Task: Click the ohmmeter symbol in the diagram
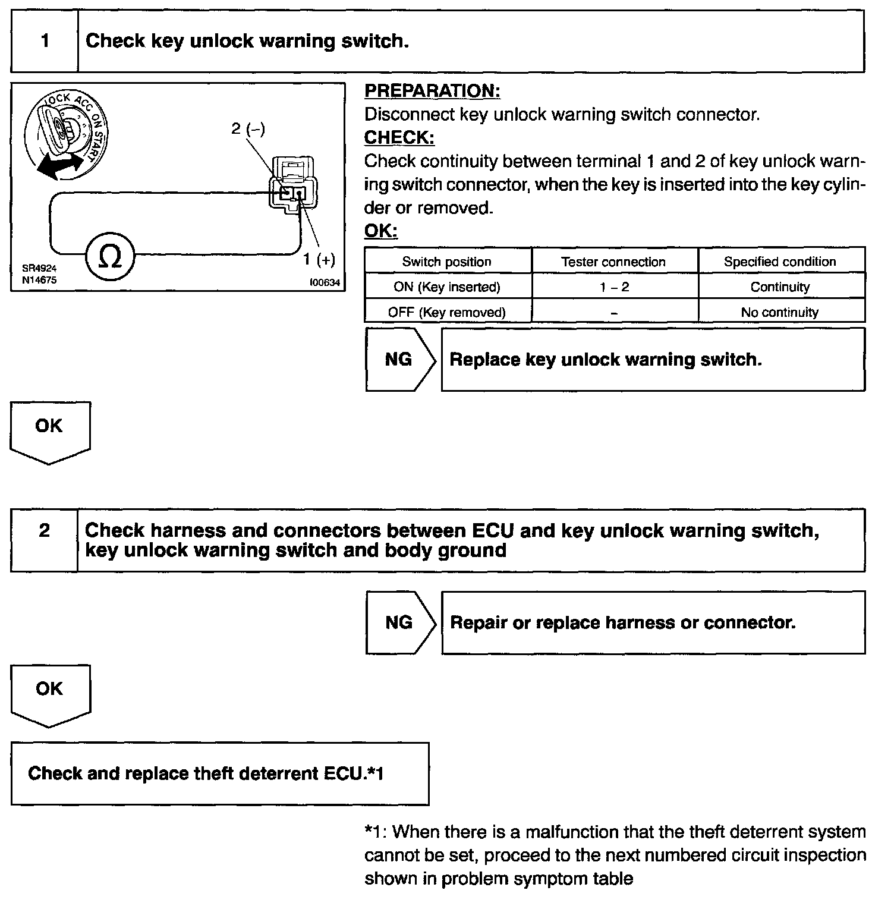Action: (110, 257)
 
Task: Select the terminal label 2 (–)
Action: (248, 128)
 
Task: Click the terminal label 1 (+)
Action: (319, 259)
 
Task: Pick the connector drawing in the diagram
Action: (292, 184)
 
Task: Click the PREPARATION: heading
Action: (432, 91)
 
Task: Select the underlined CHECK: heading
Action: (399, 137)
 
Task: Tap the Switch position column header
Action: (447, 262)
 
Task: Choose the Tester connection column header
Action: (613, 262)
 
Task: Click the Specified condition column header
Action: (780, 262)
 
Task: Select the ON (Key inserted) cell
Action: (447, 287)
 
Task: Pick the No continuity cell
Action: (780, 312)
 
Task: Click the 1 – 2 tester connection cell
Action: (614, 287)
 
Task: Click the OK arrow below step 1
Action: (49, 430)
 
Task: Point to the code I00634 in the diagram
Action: (325, 283)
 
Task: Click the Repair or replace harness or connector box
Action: (653, 622)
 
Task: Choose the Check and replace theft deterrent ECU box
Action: (219, 773)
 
